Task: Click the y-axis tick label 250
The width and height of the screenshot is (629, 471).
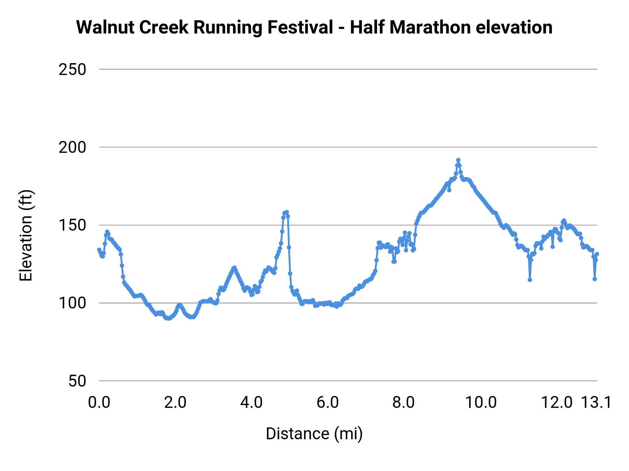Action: (x=72, y=70)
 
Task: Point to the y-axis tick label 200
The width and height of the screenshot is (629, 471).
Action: (x=72, y=148)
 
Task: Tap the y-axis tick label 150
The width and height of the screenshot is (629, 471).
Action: (x=72, y=225)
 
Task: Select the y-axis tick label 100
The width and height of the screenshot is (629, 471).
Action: (x=72, y=303)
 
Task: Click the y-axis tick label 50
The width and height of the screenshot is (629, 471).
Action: (x=77, y=381)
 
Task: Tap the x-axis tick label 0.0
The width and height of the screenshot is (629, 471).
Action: (x=99, y=403)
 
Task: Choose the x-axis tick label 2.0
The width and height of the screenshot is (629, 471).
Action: (x=175, y=403)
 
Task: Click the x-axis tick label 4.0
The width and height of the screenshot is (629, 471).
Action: (x=252, y=403)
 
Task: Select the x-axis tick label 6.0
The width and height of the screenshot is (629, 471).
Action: (x=328, y=403)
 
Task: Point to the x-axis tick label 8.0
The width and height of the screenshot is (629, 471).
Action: (x=404, y=403)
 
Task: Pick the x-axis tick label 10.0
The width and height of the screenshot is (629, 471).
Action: (x=481, y=403)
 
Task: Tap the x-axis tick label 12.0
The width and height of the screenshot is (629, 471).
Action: (x=557, y=403)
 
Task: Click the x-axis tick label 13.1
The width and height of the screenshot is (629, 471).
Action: (x=596, y=403)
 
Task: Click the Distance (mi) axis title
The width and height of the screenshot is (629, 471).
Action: (x=314, y=434)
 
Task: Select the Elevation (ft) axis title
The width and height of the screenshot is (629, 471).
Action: (x=26, y=236)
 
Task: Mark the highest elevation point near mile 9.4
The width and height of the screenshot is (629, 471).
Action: (x=458, y=160)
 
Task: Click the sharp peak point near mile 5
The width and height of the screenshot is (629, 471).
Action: (x=287, y=212)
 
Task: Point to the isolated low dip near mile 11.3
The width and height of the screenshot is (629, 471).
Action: (x=530, y=280)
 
